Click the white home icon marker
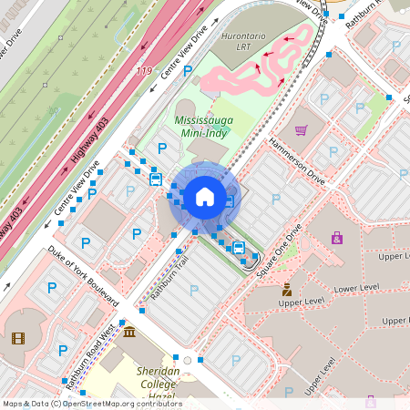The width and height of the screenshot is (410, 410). point(205,196)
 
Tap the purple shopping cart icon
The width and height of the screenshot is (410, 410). point(301,129)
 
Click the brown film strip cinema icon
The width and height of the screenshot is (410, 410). point(19,338)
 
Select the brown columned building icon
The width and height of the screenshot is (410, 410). point(129,332)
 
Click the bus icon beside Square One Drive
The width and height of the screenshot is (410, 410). point(238,247)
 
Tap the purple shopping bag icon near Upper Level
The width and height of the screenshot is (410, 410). point(337,238)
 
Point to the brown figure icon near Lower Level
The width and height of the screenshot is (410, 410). point(286,290)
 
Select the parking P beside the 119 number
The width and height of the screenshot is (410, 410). point(188,69)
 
